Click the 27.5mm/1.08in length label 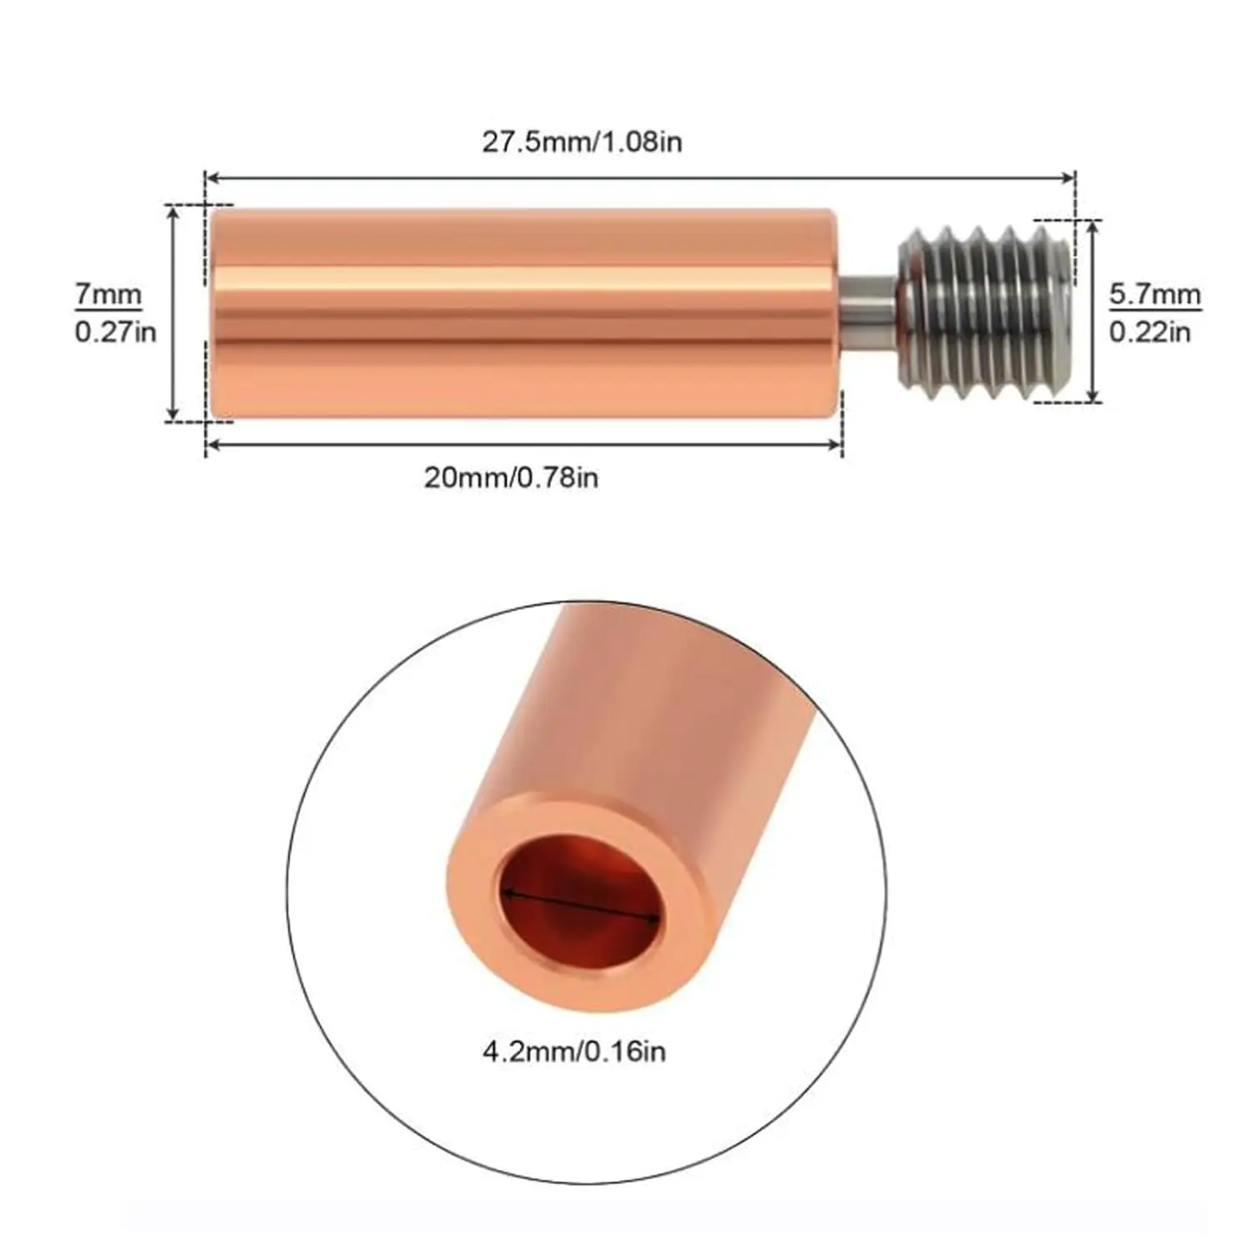[x=582, y=142]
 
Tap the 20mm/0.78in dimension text [x=511, y=477]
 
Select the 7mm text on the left [x=108, y=295]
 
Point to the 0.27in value [x=116, y=332]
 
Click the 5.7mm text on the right [x=1155, y=295]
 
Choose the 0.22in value [x=1150, y=332]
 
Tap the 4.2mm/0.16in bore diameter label [x=574, y=1051]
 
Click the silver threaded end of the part [x=984, y=312]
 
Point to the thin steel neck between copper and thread [x=867, y=312]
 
